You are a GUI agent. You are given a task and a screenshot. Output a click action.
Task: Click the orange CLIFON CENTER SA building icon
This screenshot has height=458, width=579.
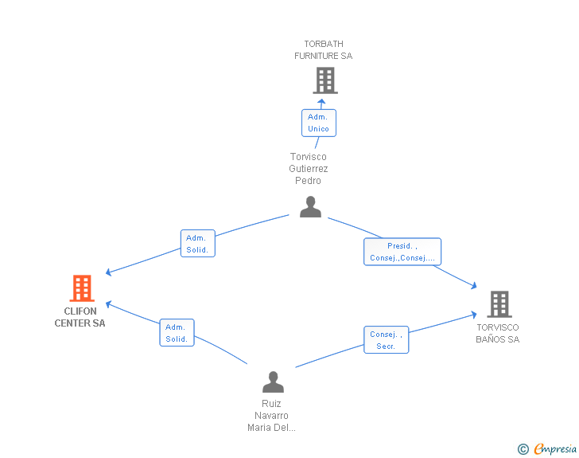click(81, 288)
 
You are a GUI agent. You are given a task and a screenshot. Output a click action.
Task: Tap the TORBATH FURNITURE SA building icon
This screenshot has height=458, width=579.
click(324, 80)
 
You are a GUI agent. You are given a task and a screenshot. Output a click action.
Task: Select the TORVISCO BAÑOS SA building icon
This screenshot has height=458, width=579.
click(499, 304)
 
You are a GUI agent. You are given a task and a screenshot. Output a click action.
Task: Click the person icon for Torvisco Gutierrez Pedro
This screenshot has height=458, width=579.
click(310, 207)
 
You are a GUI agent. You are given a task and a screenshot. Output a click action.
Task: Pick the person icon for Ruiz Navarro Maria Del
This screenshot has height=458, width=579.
click(273, 382)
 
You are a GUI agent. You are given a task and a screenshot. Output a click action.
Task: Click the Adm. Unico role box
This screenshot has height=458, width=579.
click(318, 123)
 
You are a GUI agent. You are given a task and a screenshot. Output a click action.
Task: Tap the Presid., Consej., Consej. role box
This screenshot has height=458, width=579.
click(402, 252)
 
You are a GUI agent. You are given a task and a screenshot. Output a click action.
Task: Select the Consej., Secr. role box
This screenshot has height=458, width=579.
click(386, 340)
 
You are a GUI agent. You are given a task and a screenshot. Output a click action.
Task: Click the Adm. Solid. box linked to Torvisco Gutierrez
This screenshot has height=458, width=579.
click(196, 244)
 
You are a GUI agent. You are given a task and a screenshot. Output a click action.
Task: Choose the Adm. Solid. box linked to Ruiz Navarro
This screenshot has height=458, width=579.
click(177, 333)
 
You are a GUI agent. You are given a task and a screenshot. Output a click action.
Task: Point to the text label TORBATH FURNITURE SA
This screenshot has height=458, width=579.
click(323, 50)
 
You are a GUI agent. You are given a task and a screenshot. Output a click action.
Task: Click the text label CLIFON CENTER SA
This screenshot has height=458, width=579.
click(80, 317)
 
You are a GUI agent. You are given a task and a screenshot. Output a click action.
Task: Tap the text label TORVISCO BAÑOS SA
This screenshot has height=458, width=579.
click(498, 333)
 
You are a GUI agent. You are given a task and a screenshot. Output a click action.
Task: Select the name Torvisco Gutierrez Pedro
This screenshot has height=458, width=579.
click(309, 169)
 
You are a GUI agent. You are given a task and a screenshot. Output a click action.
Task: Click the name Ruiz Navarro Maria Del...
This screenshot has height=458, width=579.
click(271, 415)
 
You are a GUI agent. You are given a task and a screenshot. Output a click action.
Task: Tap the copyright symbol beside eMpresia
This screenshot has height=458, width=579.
click(523, 449)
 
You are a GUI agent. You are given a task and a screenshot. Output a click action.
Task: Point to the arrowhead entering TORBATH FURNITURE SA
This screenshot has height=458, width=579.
click(322, 101)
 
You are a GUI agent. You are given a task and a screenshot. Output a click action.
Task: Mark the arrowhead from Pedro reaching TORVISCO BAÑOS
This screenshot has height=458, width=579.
click(473, 285)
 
